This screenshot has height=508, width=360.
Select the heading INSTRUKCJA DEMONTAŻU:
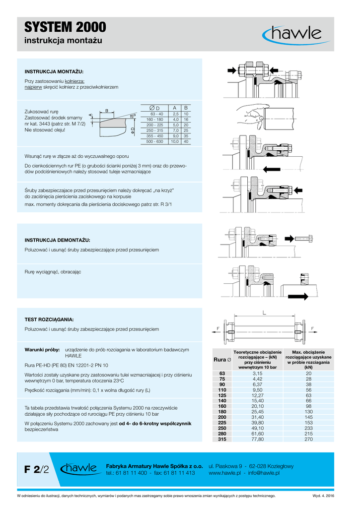(x=58, y=240)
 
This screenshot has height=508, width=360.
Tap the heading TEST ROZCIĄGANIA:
(x=49, y=319)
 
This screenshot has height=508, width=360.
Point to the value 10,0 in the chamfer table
(x=174, y=142)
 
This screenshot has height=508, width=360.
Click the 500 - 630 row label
(x=154, y=142)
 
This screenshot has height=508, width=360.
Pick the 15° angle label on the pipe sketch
(x=133, y=115)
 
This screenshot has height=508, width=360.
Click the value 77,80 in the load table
(x=257, y=439)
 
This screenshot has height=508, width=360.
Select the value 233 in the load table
(x=308, y=428)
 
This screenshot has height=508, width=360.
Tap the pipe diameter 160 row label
(x=222, y=406)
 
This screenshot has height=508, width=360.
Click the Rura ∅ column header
(x=222, y=359)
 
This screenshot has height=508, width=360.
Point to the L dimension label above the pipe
(x=264, y=313)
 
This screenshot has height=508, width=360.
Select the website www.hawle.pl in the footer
(x=225, y=473)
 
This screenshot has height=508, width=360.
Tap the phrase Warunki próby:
(x=42, y=350)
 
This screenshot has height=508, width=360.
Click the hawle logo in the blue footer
(x=78, y=469)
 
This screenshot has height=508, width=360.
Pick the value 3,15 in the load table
(x=257, y=373)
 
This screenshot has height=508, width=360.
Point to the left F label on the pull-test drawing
(x=217, y=328)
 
